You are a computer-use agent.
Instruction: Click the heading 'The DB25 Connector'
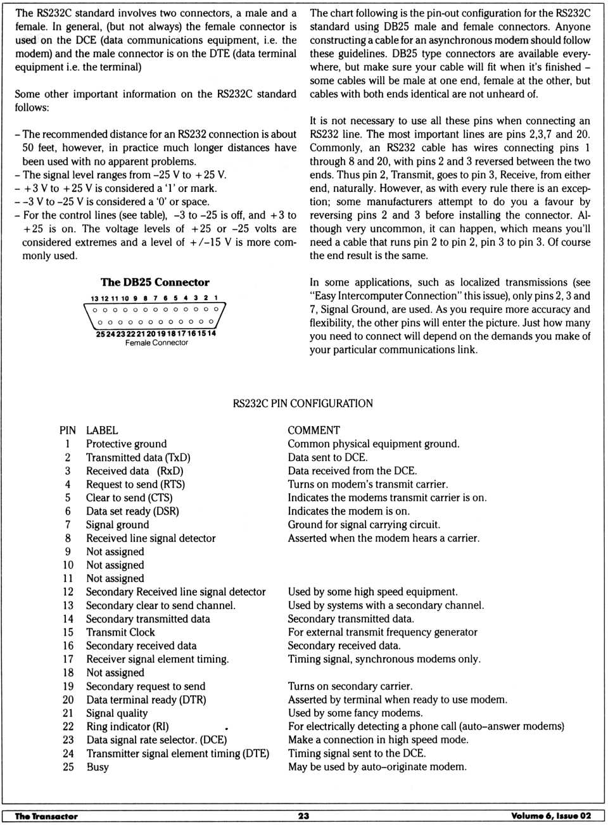tap(155, 282)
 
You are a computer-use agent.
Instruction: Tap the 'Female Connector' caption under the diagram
tap(156, 343)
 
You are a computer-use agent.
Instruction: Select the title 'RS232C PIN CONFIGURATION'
tap(303, 403)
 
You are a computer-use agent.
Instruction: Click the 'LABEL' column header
tap(102, 430)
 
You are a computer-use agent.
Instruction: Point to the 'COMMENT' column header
tap(313, 430)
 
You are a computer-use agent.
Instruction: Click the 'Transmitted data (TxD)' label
tap(138, 457)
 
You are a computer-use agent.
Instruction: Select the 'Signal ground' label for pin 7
tap(118, 524)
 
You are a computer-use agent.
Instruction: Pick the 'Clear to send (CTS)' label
tap(129, 498)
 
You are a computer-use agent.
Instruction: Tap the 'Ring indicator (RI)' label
tap(127, 726)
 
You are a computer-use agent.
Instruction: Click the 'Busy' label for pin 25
tap(98, 767)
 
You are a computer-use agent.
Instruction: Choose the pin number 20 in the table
tap(68, 700)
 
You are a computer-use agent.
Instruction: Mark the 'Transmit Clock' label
tap(120, 632)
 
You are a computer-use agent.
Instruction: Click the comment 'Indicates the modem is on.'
tap(348, 511)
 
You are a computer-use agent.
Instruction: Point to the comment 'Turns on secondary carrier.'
tap(350, 686)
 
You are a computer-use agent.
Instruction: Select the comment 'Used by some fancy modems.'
tap(355, 713)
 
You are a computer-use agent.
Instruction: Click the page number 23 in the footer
tap(303, 816)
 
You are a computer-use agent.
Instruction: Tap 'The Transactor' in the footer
tap(46, 816)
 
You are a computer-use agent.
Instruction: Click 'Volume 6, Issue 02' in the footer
tap(551, 816)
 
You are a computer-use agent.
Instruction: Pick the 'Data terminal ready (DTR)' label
tap(146, 700)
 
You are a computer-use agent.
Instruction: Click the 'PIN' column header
tap(67, 430)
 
